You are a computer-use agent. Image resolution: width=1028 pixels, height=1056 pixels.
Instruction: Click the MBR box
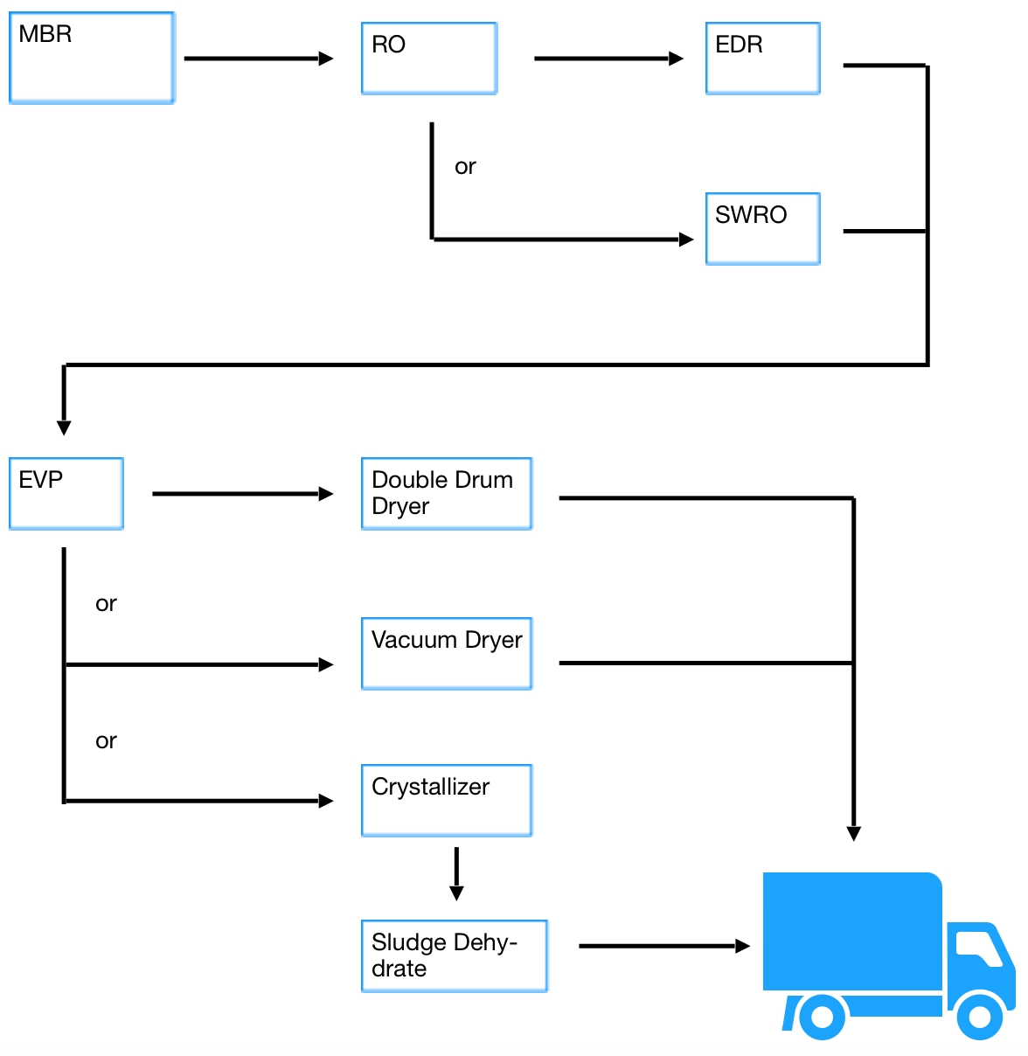(92, 58)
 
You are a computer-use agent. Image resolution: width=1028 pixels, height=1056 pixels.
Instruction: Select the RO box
(429, 58)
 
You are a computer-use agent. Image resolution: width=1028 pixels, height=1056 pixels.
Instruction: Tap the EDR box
(762, 58)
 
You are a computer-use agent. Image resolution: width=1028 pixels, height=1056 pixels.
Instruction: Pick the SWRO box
(762, 228)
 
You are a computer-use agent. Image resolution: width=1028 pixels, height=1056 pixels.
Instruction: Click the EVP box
(66, 493)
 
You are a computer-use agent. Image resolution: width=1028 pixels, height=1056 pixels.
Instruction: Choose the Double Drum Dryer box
(446, 493)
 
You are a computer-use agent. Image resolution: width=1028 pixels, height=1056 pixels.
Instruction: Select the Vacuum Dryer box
(446, 653)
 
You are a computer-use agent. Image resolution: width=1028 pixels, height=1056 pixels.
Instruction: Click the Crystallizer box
(446, 800)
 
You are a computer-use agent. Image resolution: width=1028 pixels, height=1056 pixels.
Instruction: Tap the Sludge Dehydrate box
(454, 955)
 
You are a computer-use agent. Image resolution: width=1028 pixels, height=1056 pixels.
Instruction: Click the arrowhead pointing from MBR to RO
(326, 58)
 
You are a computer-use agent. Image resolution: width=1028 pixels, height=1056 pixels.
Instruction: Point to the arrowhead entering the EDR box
(676, 58)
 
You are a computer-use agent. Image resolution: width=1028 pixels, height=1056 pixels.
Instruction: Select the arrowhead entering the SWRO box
(686, 239)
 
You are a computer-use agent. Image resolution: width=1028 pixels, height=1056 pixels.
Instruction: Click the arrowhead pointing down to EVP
(64, 427)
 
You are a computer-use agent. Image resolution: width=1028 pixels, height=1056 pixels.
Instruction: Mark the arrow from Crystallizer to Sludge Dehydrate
(456, 873)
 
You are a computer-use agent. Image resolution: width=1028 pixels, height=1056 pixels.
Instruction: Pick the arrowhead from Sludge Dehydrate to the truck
(742, 946)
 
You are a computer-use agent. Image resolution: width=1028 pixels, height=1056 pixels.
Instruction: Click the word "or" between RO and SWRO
(465, 167)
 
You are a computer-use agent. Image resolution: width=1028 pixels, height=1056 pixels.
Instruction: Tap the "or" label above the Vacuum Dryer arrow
(106, 603)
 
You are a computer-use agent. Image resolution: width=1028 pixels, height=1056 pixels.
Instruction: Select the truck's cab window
(978, 948)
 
